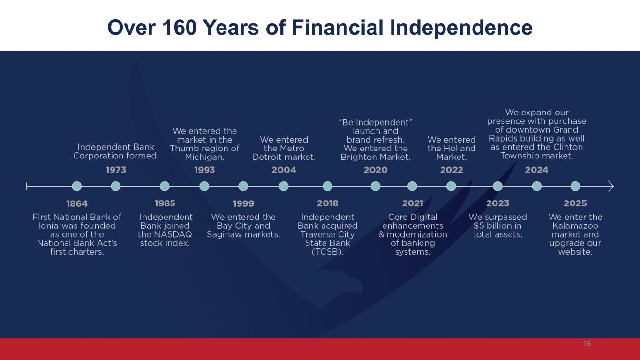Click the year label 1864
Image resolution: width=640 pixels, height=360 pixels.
[x=77, y=203]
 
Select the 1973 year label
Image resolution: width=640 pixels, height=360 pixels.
[x=116, y=170]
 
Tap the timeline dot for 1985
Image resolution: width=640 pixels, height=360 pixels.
[x=165, y=186]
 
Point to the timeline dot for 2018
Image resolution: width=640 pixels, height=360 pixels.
[x=327, y=186]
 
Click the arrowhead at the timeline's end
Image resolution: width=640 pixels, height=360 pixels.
[x=610, y=186]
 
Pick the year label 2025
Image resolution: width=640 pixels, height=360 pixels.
[x=575, y=203]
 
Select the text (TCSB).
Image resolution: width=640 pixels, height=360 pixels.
[x=327, y=252]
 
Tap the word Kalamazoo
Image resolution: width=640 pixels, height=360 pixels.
[x=575, y=226]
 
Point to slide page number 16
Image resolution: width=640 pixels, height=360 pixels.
[x=587, y=344]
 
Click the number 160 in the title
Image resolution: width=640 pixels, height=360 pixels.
[x=180, y=28]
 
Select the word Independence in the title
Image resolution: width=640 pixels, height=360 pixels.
[x=461, y=28]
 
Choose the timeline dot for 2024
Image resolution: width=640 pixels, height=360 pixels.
[x=536, y=186]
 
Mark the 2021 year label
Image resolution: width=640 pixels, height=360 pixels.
[x=413, y=203]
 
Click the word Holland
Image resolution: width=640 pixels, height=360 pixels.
[x=459, y=148]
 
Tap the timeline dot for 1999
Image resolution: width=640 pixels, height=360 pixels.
[x=243, y=186]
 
